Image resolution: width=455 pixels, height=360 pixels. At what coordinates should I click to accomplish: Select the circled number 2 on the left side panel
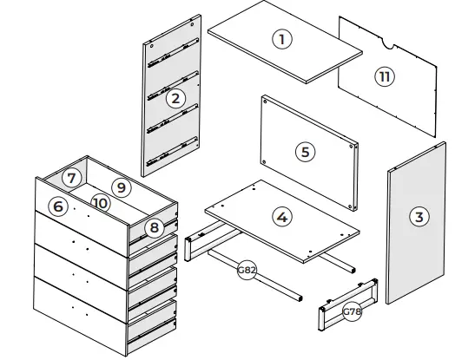click(x=175, y=98)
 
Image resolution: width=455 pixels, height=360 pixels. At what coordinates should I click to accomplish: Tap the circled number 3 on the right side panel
click(x=419, y=217)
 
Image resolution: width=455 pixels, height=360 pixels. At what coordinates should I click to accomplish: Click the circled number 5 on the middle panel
click(x=304, y=151)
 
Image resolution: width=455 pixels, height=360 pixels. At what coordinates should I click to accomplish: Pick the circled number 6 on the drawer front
click(x=57, y=206)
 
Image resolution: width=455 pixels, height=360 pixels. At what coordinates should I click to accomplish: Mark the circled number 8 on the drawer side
click(x=154, y=228)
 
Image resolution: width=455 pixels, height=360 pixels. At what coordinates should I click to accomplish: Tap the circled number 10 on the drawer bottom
click(x=100, y=202)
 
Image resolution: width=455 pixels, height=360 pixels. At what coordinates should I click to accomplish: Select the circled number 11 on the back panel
click(x=384, y=76)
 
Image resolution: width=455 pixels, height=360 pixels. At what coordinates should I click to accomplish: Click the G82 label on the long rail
click(x=247, y=270)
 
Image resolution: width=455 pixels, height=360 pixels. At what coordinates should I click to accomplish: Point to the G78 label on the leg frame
click(x=352, y=311)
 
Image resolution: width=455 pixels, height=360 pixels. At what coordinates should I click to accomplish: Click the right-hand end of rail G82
click(x=300, y=295)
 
